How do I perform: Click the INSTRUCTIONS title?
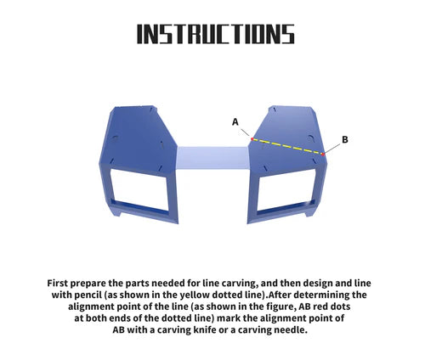coord(216,34)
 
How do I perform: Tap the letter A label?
coord(235,122)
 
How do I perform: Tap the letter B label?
coord(345,139)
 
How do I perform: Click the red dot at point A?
coord(252,138)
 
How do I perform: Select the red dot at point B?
coord(323,155)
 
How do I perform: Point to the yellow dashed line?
coord(287,146)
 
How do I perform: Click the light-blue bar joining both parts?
coord(212,158)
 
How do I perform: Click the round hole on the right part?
coord(310,138)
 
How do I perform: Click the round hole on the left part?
coord(115,138)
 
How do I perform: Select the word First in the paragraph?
coord(58,283)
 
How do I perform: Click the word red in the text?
coord(319,307)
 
